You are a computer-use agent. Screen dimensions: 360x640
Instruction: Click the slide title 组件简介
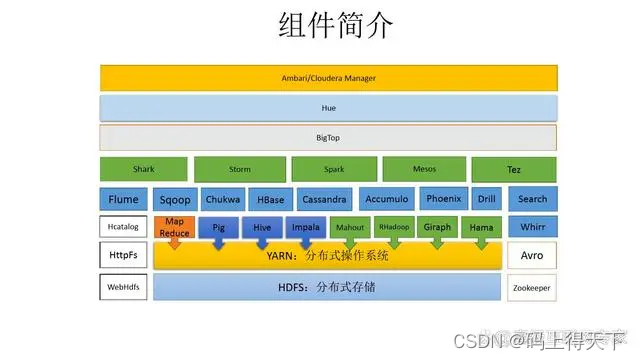click(321, 26)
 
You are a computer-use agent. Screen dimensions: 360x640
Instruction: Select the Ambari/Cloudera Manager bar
click(328, 77)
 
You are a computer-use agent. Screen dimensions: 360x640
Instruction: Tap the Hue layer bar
click(328, 107)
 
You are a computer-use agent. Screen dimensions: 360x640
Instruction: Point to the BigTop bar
click(328, 137)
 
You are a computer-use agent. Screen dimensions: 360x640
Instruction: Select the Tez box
click(514, 169)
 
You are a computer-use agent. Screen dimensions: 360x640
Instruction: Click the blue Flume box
click(124, 199)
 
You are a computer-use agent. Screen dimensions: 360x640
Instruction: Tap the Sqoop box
click(175, 199)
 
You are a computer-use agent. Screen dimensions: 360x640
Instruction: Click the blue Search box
click(532, 199)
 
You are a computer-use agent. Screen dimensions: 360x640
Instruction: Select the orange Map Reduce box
click(175, 228)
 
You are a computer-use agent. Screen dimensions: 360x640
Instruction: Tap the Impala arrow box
click(306, 228)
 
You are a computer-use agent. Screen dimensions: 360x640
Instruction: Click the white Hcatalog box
click(123, 227)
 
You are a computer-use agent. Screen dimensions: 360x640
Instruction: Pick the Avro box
click(532, 256)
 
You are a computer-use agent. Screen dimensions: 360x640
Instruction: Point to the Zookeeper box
click(532, 287)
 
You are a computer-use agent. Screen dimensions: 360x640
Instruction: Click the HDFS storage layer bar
click(328, 287)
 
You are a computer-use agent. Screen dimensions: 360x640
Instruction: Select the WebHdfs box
click(123, 287)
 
